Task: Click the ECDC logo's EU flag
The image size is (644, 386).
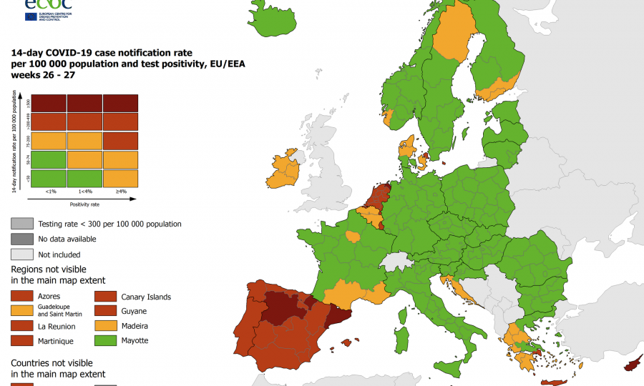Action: (32, 16)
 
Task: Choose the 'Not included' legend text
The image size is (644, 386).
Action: (59, 254)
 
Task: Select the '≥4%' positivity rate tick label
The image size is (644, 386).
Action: (121, 191)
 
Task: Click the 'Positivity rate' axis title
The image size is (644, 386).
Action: (84, 204)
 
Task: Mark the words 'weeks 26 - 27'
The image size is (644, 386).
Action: (42, 74)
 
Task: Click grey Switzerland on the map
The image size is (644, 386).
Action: (396, 259)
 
